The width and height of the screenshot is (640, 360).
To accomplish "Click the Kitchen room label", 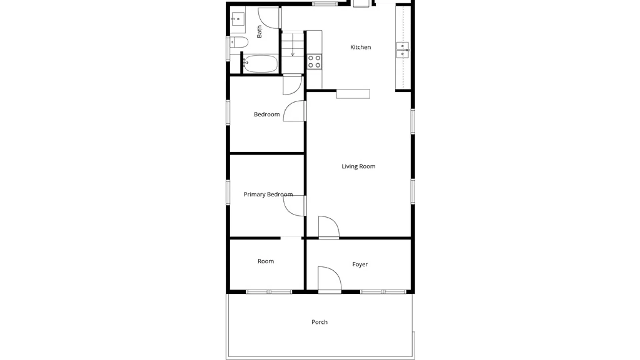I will pos(360,47).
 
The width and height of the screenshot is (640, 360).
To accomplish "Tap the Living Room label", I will pos(358,166).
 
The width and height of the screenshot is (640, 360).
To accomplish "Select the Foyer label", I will pos(360,264).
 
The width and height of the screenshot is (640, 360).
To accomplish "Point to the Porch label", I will pos(319,322).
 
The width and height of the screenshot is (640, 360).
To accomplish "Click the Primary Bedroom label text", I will pos(268,194).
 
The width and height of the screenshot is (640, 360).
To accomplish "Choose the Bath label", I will pos(259,32).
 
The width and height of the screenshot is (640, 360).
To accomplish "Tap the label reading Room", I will pos(266,261).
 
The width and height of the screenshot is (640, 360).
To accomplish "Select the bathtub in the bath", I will pos(260,64).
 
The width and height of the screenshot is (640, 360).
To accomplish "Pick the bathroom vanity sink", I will pos(238,19).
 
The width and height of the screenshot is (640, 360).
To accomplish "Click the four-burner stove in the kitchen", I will pos(314,62).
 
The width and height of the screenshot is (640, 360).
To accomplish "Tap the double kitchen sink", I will pos(402,50).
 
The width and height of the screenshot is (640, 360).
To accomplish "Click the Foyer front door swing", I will pos(328,278).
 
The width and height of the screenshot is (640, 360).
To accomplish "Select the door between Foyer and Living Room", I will pos(328,227).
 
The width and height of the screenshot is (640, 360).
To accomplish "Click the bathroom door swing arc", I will pos(268,18).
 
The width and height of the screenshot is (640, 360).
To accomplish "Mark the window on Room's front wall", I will pos(269,292).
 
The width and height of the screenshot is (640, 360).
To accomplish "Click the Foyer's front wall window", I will pos(383,292).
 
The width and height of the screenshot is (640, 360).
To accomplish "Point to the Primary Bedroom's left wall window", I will pos(228,192).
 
